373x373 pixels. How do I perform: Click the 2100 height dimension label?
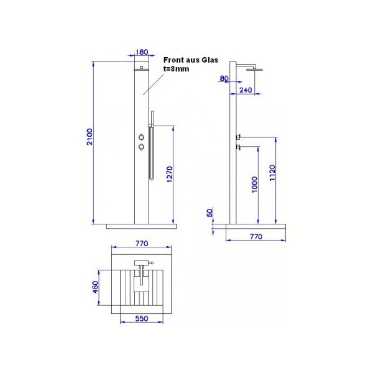click(90, 137)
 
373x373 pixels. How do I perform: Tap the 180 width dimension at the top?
click(142, 52)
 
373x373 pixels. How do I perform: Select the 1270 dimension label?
click(169, 174)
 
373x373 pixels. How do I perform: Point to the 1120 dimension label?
click(272, 173)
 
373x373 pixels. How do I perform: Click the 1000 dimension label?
click(254, 185)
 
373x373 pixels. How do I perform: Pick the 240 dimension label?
click(246, 90)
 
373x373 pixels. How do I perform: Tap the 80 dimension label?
click(224, 78)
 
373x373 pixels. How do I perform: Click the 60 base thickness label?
click(210, 213)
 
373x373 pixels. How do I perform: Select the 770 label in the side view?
click(256, 236)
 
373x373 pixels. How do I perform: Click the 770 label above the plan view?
click(142, 244)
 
